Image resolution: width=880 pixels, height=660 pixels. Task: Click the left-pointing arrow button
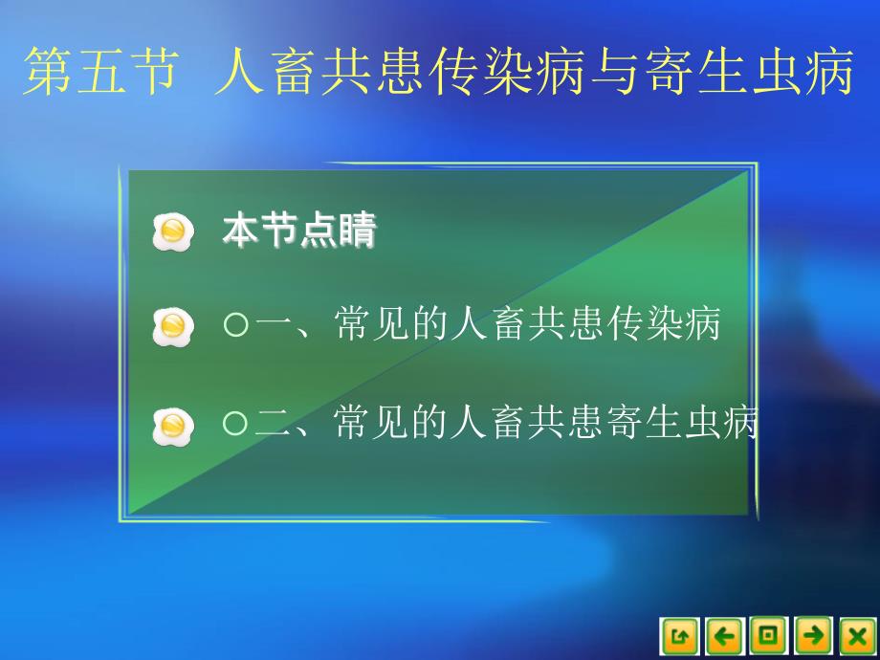point(724,636)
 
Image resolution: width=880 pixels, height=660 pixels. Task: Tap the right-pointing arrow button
point(813,636)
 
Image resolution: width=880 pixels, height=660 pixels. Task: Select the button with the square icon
point(769,636)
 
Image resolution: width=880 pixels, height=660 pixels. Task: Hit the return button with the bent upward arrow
point(680,636)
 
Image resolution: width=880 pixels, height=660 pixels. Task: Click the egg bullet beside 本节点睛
point(173,231)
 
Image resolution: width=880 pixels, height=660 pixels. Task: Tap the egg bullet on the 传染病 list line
point(173,326)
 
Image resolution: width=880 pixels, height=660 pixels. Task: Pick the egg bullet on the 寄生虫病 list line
point(173,427)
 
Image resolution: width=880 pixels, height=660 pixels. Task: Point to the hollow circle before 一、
point(235,324)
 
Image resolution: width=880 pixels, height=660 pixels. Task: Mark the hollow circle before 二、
point(235,423)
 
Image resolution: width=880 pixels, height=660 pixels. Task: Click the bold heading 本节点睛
point(299,231)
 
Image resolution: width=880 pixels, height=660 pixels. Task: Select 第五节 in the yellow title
point(101,72)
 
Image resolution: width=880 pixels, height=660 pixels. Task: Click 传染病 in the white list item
point(664,323)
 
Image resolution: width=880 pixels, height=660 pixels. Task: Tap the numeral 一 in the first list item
point(273,324)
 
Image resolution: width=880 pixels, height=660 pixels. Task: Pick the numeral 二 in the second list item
point(273,423)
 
